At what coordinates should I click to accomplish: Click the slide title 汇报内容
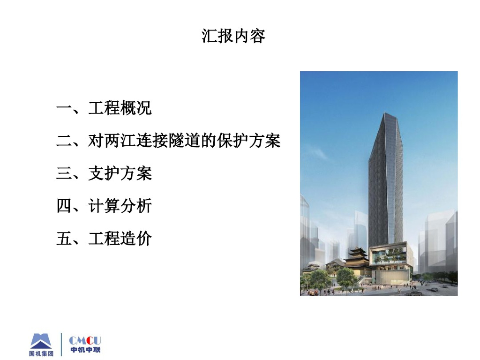click(233, 36)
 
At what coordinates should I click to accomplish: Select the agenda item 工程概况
click(120, 108)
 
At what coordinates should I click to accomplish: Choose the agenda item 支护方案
click(120, 173)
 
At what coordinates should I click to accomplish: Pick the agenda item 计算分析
click(120, 206)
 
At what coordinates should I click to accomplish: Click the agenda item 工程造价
click(120, 239)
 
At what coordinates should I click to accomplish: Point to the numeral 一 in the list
click(64, 108)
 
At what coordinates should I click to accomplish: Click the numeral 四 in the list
click(64, 206)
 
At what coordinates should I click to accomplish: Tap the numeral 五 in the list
click(64, 239)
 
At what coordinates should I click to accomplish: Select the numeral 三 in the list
click(64, 173)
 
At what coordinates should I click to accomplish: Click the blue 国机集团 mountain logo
click(41, 341)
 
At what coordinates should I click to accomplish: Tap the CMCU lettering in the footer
click(85, 341)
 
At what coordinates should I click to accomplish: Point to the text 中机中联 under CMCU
click(85, 350)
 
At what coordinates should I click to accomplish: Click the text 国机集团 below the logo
click(41, 353)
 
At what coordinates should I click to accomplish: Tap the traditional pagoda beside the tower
click(357, 261)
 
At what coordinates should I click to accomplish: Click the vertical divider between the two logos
click(61, 345)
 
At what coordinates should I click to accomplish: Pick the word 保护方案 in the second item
click(249, 141)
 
